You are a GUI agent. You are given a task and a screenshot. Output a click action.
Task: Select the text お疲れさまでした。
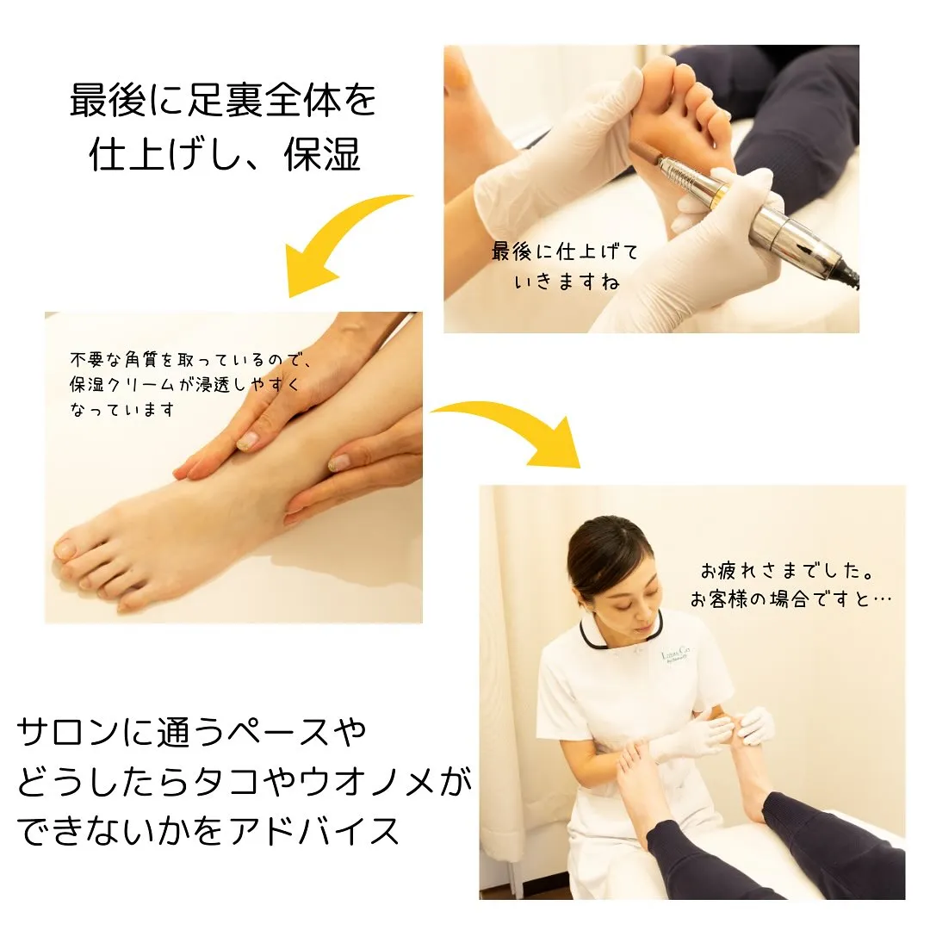tap(788, 571)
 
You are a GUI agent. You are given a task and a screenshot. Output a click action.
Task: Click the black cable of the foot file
tap(851, 276)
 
